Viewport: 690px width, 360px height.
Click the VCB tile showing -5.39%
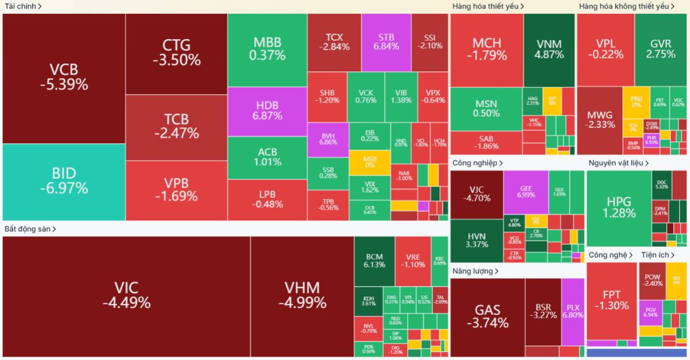point(64,78)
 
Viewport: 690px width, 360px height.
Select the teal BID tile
point(64,181)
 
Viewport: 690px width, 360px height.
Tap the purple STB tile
point(386,42)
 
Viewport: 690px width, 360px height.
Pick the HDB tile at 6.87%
point(267,110)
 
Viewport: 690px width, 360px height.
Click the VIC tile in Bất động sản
point(126,295)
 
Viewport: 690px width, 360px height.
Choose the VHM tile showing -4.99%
point(302,295)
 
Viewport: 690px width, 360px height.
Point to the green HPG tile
point(619,207)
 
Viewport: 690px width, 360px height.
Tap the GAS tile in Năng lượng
point(487,316)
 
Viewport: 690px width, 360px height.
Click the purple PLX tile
point(573,311)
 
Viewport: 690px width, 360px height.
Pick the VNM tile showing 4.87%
point(549,49)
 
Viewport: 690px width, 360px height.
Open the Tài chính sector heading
point(23,6)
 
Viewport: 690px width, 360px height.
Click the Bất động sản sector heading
point(30,229)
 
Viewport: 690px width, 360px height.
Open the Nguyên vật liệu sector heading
point(618,163)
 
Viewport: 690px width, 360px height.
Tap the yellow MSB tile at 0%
point(369,162)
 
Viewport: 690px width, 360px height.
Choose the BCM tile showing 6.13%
point(374,261)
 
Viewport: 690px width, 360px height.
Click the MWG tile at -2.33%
point(599,120)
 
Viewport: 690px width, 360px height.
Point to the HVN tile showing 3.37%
point(477,240)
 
